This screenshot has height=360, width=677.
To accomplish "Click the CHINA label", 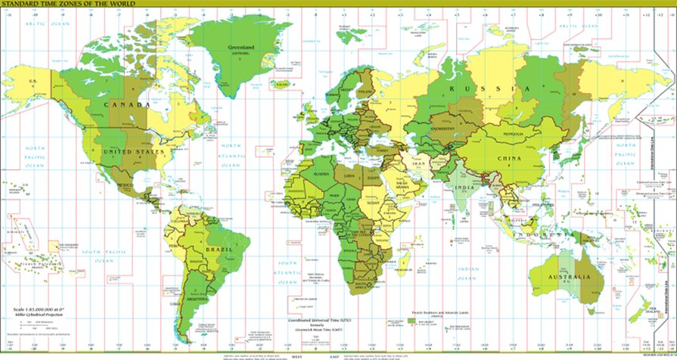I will tap(508, 159).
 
